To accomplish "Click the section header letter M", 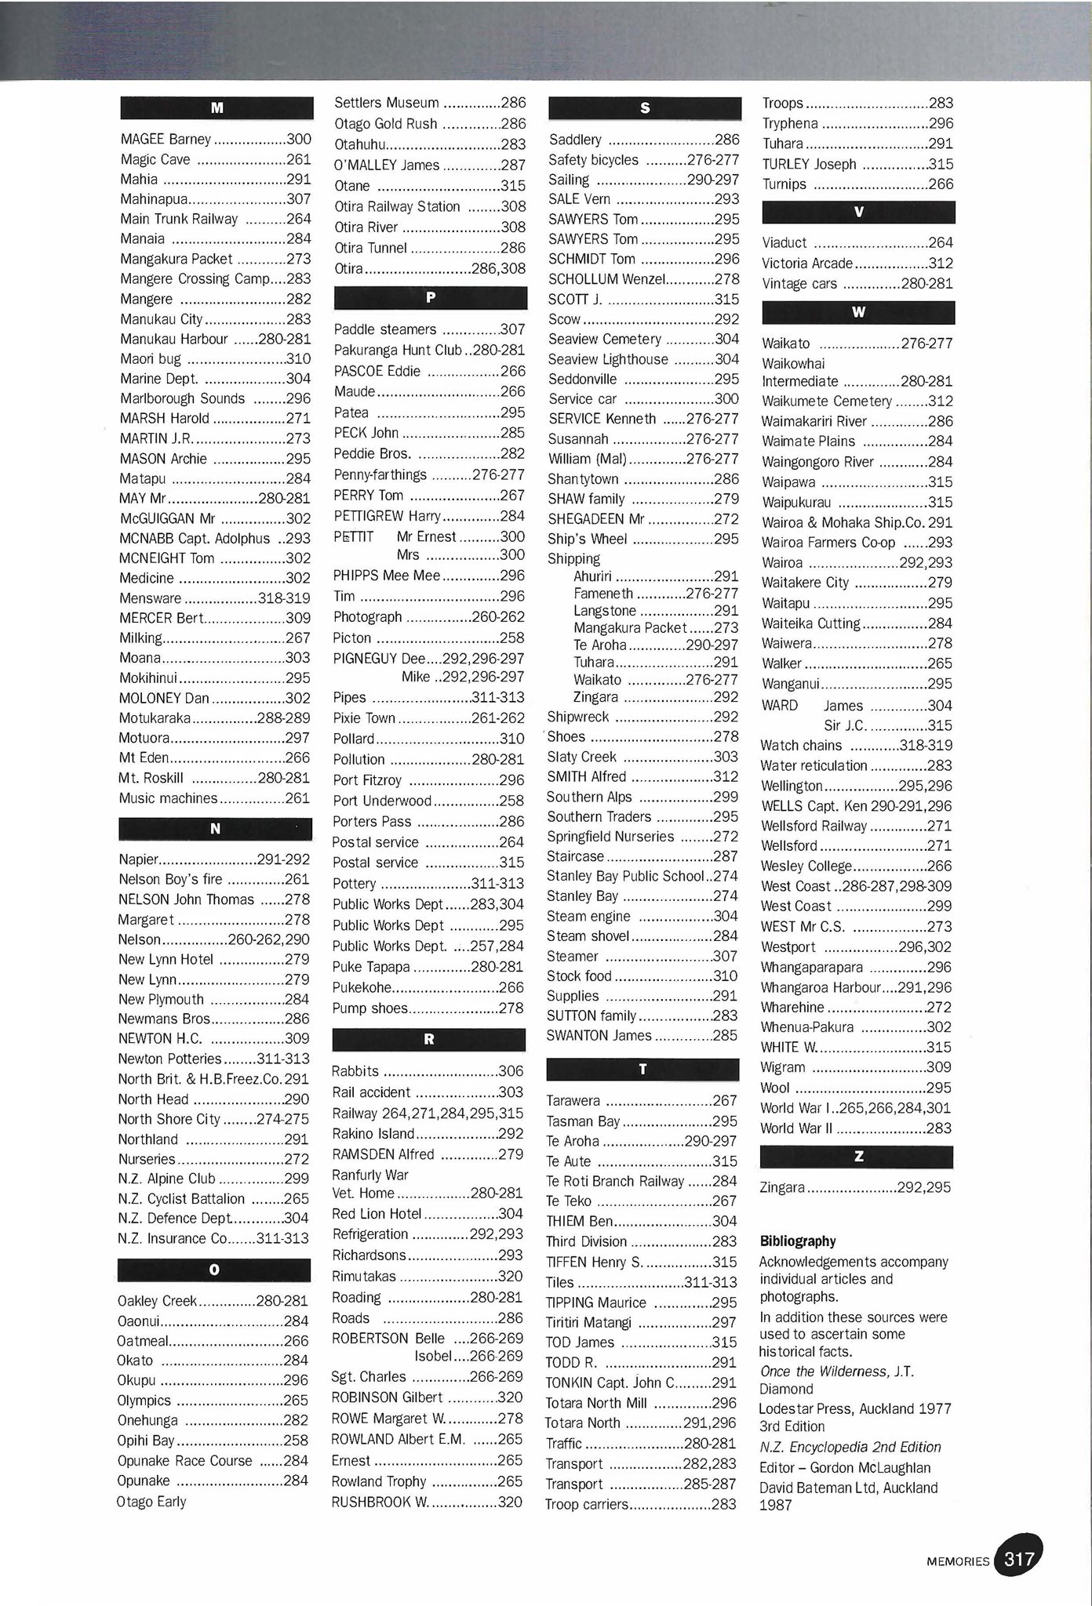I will pos(217,108).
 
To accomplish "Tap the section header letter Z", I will pos(857,1157).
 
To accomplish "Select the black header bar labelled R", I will pos(428,1039).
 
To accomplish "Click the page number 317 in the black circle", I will pos(1019,1560).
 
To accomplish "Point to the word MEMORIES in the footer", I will pos(958,1561).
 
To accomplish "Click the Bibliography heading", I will pos(797,1241).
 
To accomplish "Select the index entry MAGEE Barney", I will pos(166,140).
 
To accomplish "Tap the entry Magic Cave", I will pos(155,160).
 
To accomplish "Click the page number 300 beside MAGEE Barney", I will pos(299,140).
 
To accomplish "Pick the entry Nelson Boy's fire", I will pos(170,879).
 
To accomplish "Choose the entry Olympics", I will pos(144,1401).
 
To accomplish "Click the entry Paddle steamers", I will pos(384,329).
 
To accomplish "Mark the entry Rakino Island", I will pos(373,1134).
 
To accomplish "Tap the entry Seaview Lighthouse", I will pos(608,359).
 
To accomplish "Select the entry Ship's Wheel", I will pos(588,539).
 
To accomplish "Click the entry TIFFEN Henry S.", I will pos(594,1262).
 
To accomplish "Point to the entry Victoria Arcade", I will pos(807,263).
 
